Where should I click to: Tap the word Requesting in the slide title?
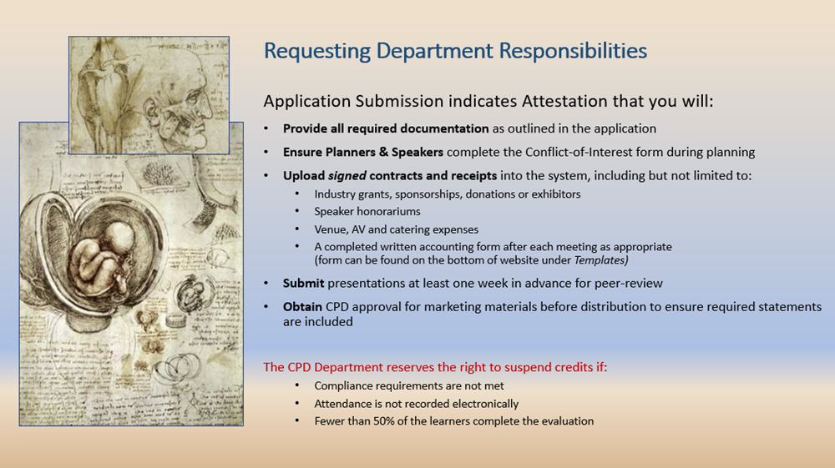point(317,52)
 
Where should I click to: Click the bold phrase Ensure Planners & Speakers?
point(363,152)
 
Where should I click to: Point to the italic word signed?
point(347,176)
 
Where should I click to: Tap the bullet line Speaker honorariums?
point(367,212)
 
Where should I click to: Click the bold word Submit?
point(304,284)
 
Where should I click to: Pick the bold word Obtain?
point(302,307)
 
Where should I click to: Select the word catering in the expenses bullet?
point(410,229)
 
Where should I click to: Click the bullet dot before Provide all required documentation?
point(266,128)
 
